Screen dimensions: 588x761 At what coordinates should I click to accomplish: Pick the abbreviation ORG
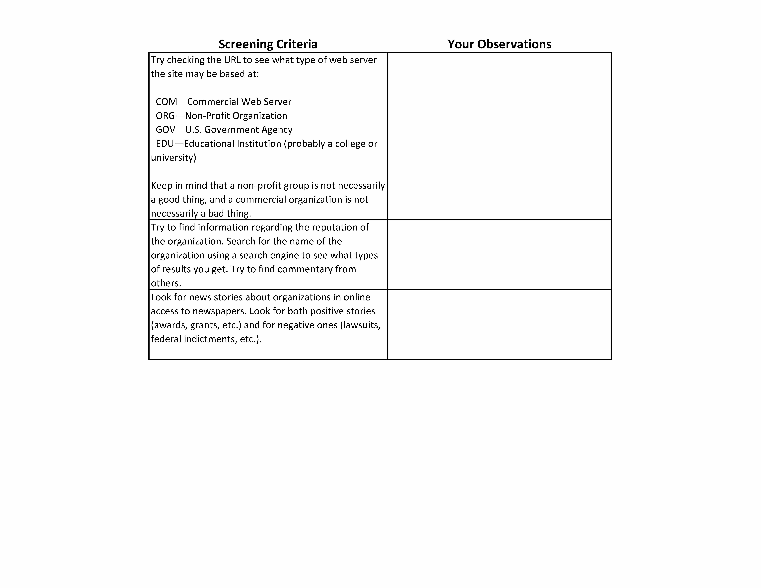pos(165,116)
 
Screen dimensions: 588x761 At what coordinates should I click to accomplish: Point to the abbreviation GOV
pos(165,130)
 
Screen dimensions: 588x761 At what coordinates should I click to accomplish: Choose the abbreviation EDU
pos(164,144)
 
